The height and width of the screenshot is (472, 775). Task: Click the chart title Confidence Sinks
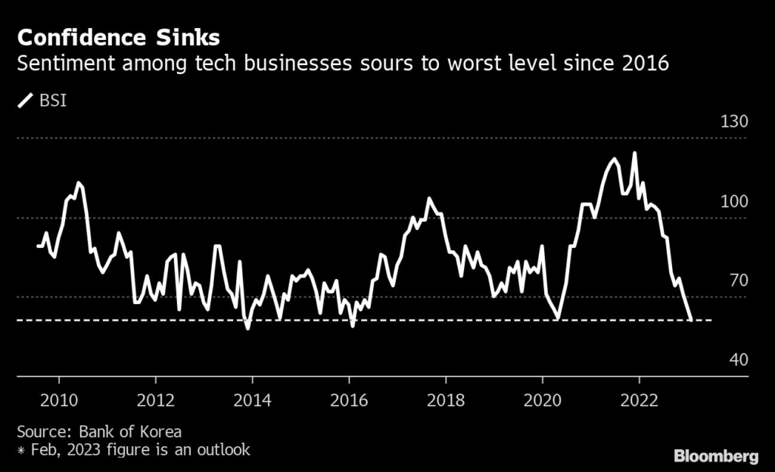pos(119,38)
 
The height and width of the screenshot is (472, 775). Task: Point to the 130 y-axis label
pos(733,122)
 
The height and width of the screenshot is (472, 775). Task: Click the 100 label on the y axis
pos(733,201)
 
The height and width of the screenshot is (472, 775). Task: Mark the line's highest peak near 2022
pos(633,153)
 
